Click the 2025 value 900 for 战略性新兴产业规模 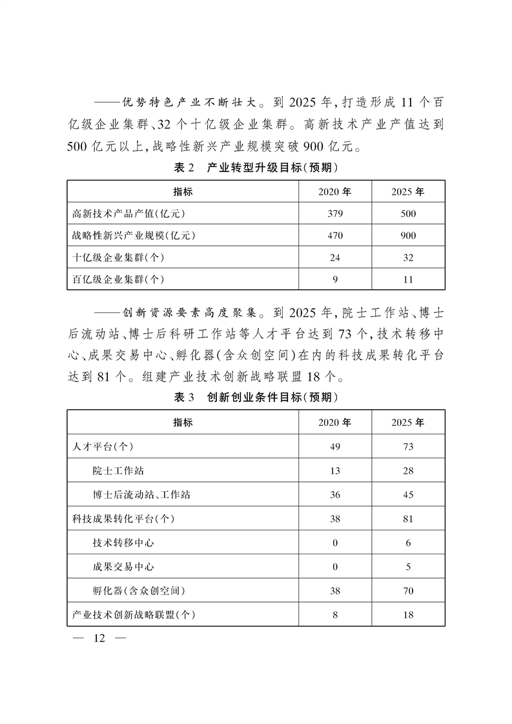tap(408, 236)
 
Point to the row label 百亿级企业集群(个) tap(118, 279)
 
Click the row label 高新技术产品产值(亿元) tap(132, 214)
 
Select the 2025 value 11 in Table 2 tap(408, 279)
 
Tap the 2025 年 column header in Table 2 tap(408, 192)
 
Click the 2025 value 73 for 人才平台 tap(408, 447)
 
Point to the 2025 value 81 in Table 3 tap(408, 519)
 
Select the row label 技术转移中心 tap(123, 543)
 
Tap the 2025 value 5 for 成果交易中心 tap(408, 567)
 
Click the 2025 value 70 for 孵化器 tap(408, 590)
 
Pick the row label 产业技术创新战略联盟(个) tap(134, 615)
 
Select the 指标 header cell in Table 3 tap(182, 422)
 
